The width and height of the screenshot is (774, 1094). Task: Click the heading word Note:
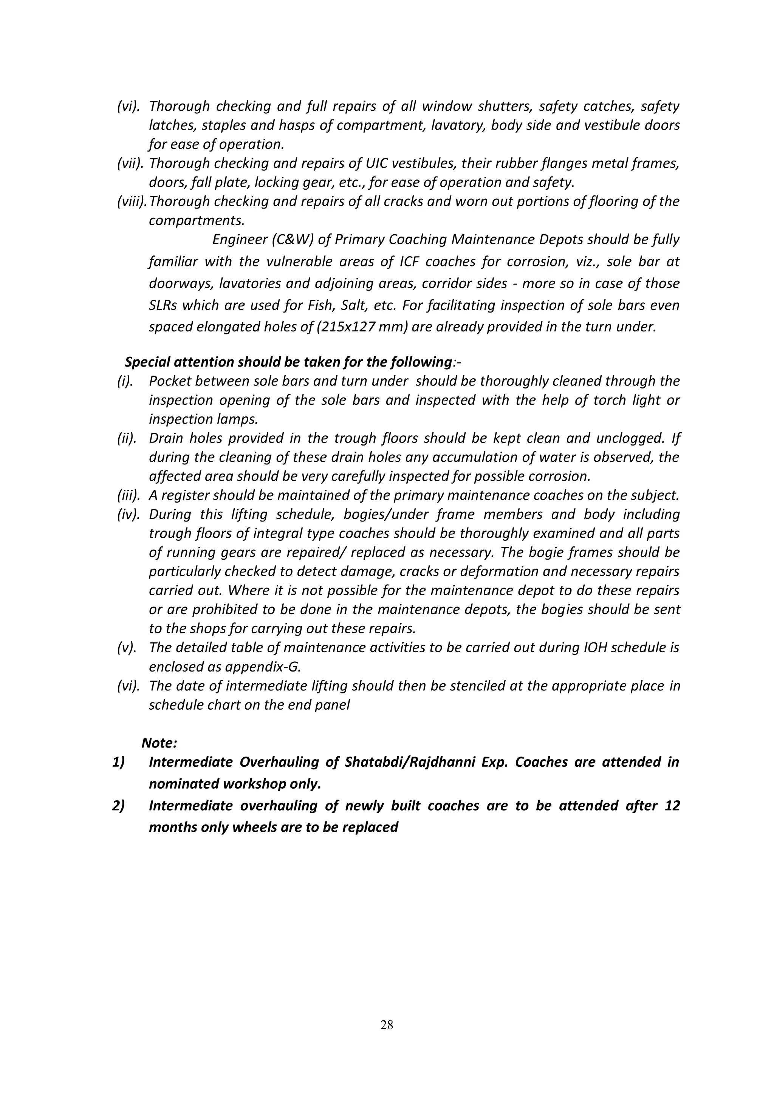[159, 743]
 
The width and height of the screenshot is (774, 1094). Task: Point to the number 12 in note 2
[672, 805]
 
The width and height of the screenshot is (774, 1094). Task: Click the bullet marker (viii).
[132, 201]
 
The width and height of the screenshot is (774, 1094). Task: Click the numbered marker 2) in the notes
[118, 805]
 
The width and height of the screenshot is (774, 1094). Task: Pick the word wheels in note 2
[256, 827]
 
